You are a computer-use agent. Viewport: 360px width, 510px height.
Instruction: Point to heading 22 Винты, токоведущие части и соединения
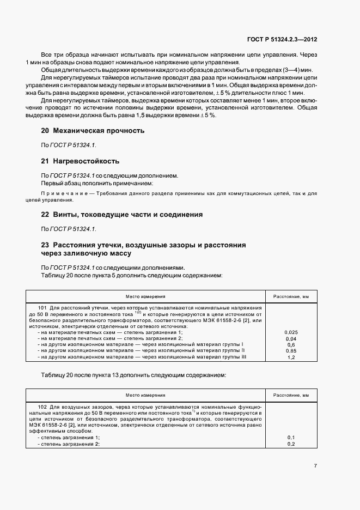point(122,215)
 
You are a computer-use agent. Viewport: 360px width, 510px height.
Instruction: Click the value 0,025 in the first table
point(291,332)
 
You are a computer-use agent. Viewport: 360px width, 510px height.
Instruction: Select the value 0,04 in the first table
point(291,338)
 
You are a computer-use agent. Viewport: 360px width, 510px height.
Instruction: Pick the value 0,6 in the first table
point(291,344)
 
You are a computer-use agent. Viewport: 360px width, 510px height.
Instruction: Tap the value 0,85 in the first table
point(291,350)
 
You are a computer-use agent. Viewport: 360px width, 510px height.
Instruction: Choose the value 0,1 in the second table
point(291,438)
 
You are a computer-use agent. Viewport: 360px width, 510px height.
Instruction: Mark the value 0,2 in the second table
point(291,444)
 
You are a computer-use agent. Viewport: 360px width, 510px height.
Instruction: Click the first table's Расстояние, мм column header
point(291,296)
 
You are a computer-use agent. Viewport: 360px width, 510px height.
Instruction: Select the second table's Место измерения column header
point(145,395)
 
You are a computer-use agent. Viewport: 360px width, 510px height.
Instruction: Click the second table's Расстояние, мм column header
point(291,395)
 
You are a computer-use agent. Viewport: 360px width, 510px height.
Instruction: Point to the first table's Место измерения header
point(145,296)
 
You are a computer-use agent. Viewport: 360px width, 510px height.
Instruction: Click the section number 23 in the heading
point(45,245)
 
